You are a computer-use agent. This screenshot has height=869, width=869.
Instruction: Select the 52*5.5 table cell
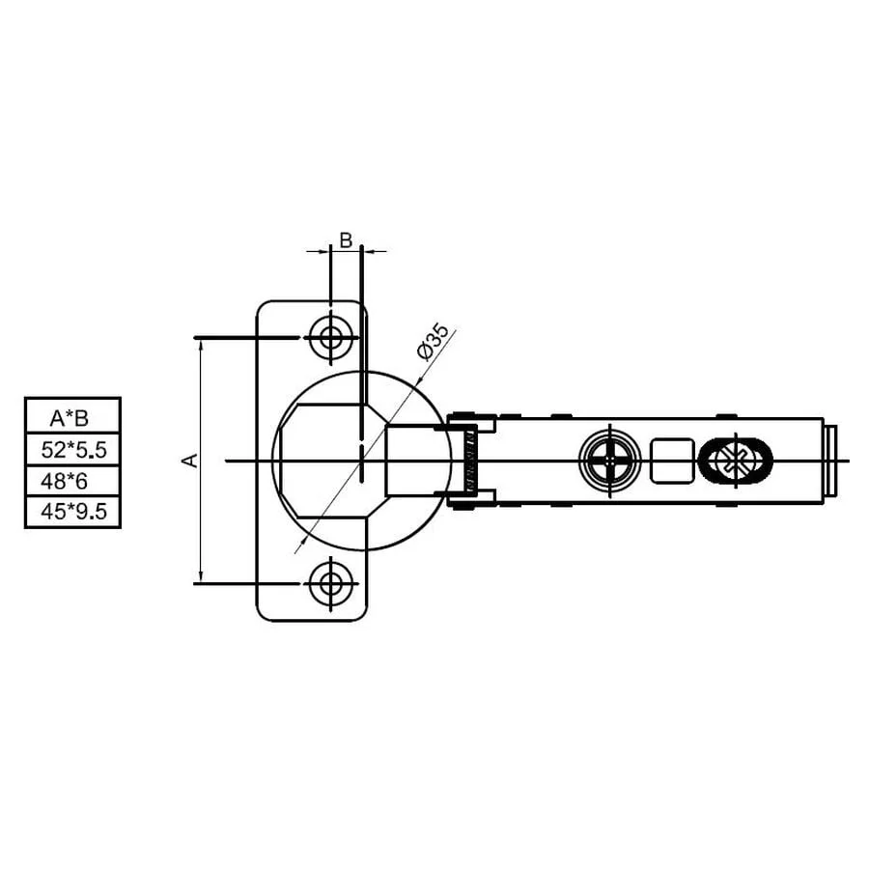tap(72, 449)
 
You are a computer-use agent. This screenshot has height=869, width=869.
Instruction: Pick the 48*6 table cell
tap(72, 481)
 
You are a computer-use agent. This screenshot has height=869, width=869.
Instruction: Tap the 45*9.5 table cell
tap(72, 512)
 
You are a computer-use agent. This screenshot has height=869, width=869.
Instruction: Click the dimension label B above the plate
tap(346, 240)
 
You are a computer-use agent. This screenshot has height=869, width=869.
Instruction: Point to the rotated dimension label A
tap(190, 460)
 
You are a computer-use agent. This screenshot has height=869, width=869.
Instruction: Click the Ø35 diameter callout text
tap(433, 342)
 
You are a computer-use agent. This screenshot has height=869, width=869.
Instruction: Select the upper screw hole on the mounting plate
tap(331, 337)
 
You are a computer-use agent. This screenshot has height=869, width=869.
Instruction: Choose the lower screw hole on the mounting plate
tap(331, 583)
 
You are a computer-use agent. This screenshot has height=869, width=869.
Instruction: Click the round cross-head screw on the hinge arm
tap(609, 460)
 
